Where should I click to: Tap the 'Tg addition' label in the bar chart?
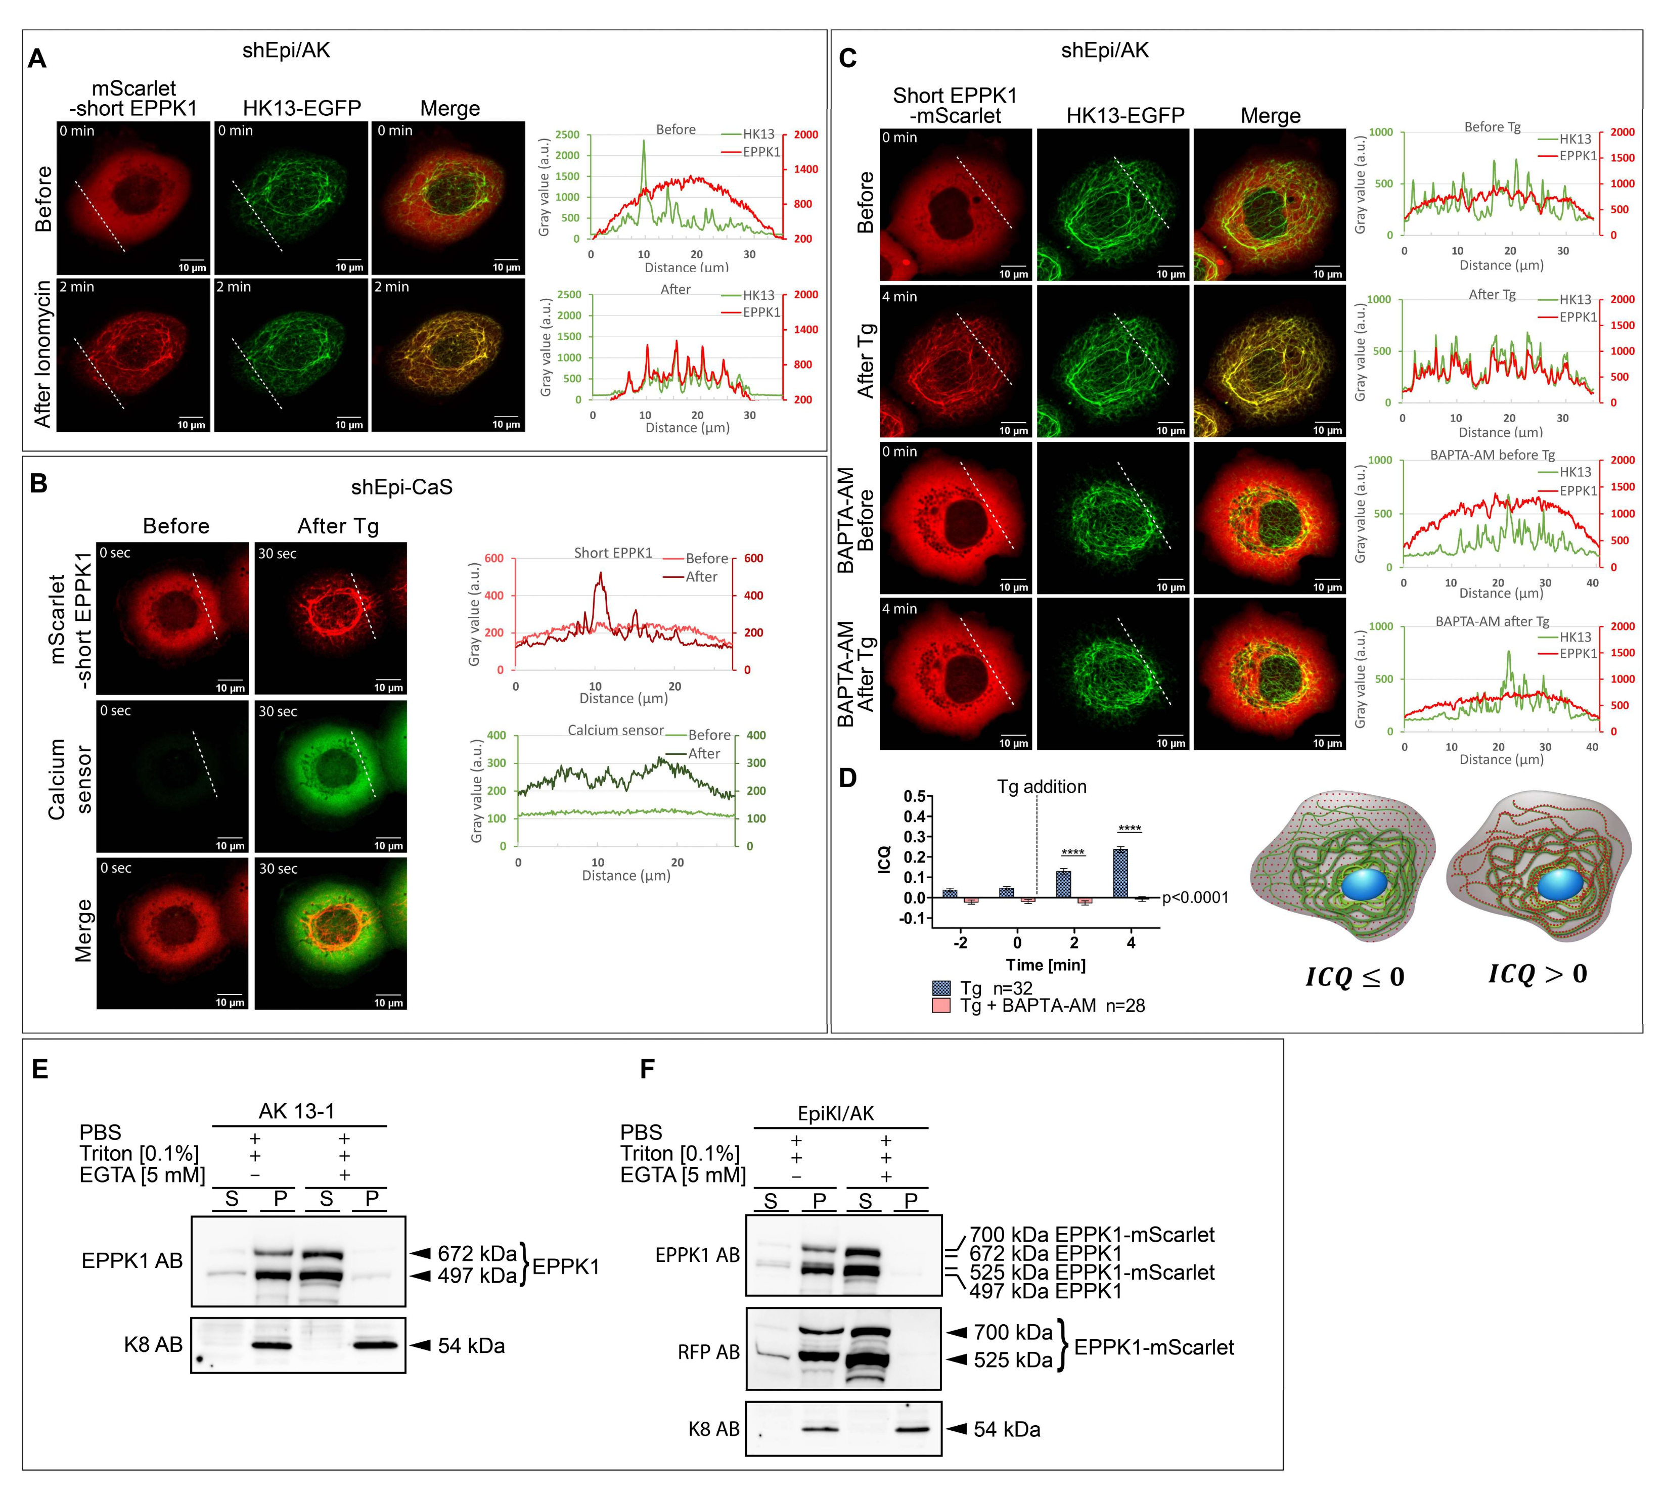(x=1042, y=787)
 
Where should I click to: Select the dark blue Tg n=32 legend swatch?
(x=941, y=988)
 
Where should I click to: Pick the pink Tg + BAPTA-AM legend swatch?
(x=941, y=1005)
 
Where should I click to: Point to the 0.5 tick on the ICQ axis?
(x=914, y=796)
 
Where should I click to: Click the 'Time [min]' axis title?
(x=1046, y=965)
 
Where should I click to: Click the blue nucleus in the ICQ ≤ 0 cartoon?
(x=1364, y=885)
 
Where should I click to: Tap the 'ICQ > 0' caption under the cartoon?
(x=1537, y=974)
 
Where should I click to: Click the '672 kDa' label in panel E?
(x=477, y=1253)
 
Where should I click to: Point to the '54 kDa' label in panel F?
(x=1007, y=1429)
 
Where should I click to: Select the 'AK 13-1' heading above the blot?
(x=297, y=1111)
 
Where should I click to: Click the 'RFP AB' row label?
(x=708, y=1352)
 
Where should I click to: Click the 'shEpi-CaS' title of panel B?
(x=402, y=487)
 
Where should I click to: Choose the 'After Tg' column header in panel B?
(x=338, y=526)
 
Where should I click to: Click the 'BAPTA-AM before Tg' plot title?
(x=1492, y=455)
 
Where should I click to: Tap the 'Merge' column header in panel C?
(x=1270, y=116)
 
